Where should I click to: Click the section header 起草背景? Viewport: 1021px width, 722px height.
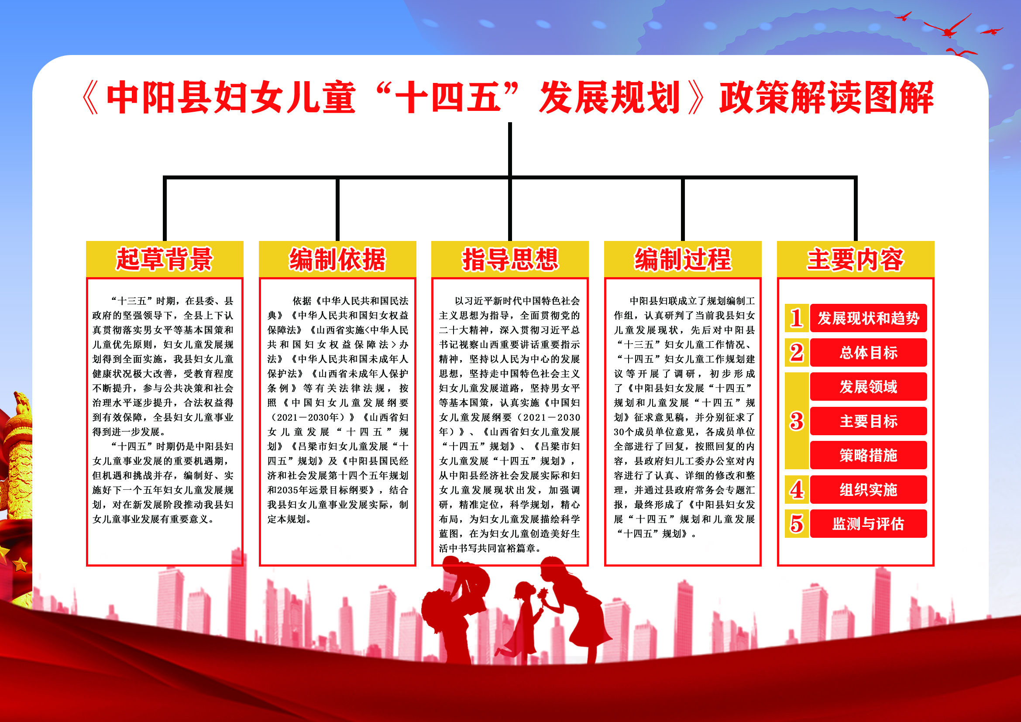pyautogui.click(x=165, y=259)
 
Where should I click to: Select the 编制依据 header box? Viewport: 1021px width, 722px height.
pyautogui.click(x=337, y=259)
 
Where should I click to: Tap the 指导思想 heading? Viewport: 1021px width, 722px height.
pyautogui.click(x=509, y=259)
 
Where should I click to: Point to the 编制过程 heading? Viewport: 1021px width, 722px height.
pyautogui.click(x=683, y=259)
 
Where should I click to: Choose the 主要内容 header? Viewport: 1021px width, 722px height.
pyautogui.click(x=855, y=259)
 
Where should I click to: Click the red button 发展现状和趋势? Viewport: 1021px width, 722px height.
pyautogui.click(x=868, y=318)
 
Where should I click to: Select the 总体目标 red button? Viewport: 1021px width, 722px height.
pyautogui.click(x=868, y=353)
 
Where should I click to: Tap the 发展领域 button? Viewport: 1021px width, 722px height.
pyautogui.click(x=868, y=387)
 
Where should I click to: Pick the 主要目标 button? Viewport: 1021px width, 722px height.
pyautogui.click(x=868, y=421)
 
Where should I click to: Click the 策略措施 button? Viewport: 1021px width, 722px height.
pyautogui.click(x=868, y=455)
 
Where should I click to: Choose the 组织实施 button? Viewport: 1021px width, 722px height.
pyautogui.click(x=868, y=489)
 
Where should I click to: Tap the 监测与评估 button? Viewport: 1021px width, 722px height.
pyautogui.click(x=868, y=524)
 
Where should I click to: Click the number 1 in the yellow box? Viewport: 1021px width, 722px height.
pyautogui.click(x=797, y=318)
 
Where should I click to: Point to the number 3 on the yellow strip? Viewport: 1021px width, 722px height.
pyautogui.click(x=797, y=421)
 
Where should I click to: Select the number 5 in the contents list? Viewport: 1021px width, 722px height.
pyautogui.click(x=797, y=524)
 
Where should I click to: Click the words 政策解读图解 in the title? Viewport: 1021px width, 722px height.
pyautogui.click(x=826, y=97)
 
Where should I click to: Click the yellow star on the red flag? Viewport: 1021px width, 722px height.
pyautogui.click(x=20, y=564)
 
